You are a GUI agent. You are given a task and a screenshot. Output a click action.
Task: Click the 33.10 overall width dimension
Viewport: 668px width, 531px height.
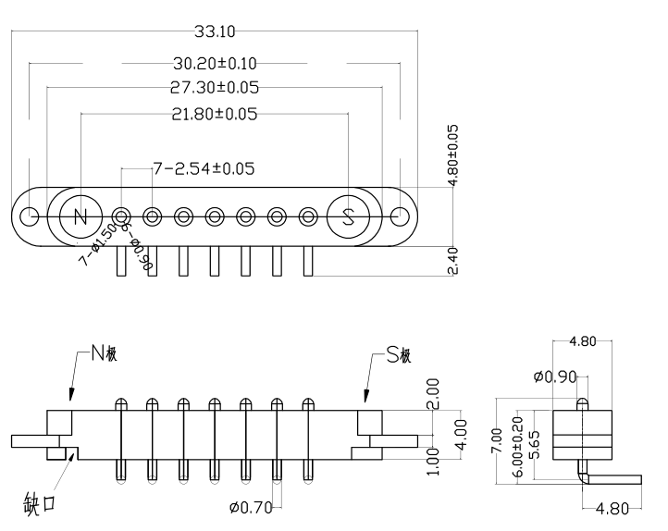pyautogui.click(x=215, y=31)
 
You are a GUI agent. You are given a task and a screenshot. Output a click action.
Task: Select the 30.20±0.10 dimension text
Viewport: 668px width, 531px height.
pyautogui.click(x=215, y=64)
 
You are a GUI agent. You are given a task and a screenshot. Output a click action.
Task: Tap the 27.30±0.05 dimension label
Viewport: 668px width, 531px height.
pyautogui.click(x=215, y=88)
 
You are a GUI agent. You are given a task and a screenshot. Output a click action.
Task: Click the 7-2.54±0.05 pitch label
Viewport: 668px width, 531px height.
pyautogui.click(x=204, y=168)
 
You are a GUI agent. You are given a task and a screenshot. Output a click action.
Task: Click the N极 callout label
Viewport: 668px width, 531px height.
pyautogui.click(x=104, y=353)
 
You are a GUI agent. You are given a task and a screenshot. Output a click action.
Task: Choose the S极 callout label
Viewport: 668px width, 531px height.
pyautogui.click(x=399, y=353)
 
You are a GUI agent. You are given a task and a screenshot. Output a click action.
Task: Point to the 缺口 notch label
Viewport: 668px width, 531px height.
pyautogui.click(x=41, y=505)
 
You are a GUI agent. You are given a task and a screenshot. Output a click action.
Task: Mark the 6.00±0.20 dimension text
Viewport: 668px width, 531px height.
pyautogui.click(x=516, y=446)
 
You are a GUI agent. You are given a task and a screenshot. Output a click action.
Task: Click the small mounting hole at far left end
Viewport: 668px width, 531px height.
pyautogui.click(x=30, y=216)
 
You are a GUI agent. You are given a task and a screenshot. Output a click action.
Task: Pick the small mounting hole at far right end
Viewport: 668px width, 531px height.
pyautogui.click(x=399, y=216)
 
